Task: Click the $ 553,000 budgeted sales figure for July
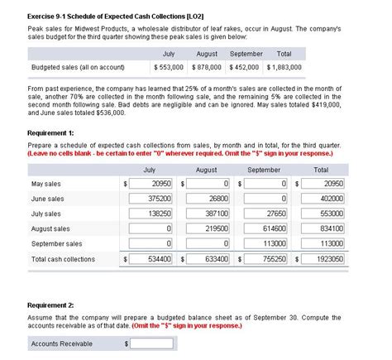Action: coord(168,66)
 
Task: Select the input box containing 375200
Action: coord(152,199)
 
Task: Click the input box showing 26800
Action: coord(208,199)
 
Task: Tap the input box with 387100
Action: coord(208,214)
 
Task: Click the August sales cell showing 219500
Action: coord(208,228)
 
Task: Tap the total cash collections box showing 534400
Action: coord(152,259)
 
